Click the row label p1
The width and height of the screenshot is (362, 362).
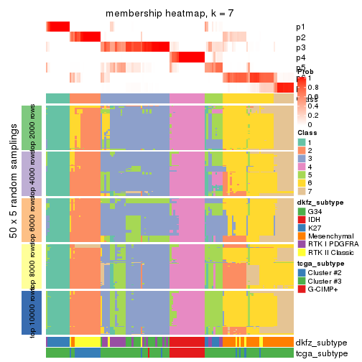(300, 27)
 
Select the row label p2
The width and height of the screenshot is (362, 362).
(300, 37)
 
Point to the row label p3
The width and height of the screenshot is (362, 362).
(300, 47)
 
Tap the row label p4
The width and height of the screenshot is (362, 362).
(300, 57)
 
